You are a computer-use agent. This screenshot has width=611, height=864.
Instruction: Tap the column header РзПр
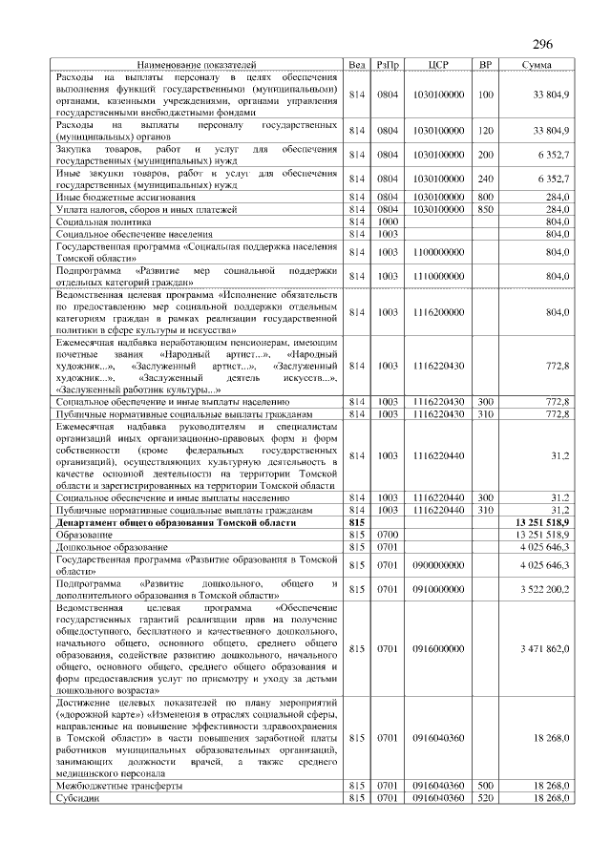coord(388,64)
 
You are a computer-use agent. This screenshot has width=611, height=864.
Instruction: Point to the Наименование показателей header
coord(196,64)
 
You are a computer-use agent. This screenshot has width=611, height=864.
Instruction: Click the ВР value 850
coord(485,208)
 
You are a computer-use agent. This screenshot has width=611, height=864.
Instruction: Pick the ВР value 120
coord(485,130)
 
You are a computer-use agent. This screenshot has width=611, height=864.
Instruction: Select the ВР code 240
coord(485,179)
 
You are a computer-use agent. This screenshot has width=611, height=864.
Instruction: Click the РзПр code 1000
coord(388,221)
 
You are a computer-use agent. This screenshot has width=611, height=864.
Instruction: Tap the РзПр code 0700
coord(388,535)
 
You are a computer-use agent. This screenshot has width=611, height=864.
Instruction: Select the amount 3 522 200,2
coord(541,589)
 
